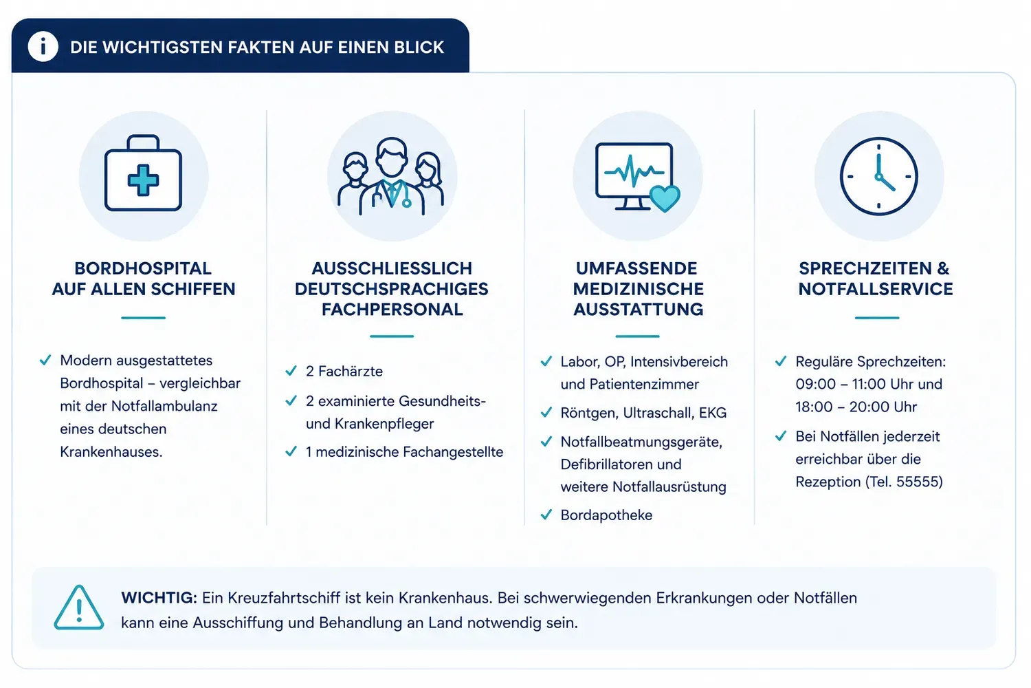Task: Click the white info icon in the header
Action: (43, 47)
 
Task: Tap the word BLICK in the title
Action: (419, 47)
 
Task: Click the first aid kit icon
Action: (143, 173)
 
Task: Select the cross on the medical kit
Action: (143, 180)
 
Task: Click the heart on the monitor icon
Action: (665, 198)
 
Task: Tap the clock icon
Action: (878, 177)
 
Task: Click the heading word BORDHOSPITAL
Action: (143, 268)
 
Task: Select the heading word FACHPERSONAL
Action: (392, 309)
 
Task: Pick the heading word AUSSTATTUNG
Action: (639, 309)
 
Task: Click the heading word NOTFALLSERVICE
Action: (876, 289)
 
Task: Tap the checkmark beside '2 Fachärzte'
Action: (291, 371)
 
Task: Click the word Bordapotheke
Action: (606, 515)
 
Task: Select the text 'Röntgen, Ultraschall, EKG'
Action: (643, 413)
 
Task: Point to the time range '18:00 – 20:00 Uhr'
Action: (856, 407)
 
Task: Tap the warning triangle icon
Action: (79, 608)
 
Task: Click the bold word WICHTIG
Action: (159, 598)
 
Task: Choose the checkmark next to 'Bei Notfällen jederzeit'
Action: (781, 436)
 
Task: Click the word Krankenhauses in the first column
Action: (111, 451)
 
